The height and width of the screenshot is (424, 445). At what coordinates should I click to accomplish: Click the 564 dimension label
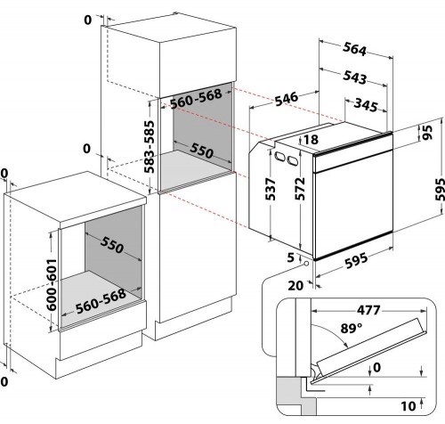pos(354,49)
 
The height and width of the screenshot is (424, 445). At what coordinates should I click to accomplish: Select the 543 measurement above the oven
pos(355,77)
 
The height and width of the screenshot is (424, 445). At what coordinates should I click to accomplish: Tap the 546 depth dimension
pos(287,99)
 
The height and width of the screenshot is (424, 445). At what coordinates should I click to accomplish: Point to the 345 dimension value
pos(367,105)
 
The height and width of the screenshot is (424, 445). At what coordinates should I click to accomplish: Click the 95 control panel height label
pos(427,133)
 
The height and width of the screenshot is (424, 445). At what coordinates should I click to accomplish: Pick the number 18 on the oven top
pos(311,140)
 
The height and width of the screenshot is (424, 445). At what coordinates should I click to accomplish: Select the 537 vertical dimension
pos(271,189)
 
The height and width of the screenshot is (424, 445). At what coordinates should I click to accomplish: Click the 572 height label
pos(300,189)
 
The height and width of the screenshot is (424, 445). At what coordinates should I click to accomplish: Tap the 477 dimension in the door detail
pos(368,310)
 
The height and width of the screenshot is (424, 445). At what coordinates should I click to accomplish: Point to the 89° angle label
pos(352,328)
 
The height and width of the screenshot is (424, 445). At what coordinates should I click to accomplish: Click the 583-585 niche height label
pos(150,147)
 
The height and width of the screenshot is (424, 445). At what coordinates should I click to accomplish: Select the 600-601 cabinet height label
pos(52,285)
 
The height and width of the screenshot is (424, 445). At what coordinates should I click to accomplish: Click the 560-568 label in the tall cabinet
pos(196,99)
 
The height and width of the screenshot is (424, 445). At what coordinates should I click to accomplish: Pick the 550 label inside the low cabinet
pos(112,245)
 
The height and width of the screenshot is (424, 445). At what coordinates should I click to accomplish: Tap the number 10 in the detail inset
pos(409,406)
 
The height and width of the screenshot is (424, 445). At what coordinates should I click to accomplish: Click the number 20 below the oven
pos(295,286)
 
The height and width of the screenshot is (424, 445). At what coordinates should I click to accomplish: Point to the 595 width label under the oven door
pos(356,261)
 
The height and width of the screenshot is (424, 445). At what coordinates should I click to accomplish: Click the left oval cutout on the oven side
pos(279,156)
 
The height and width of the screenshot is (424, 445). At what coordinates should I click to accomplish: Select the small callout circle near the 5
pos(306,264)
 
